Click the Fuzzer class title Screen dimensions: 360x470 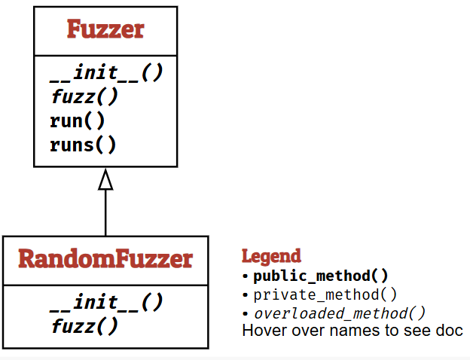click(x=105, y=30)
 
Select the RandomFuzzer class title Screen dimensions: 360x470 click(x=105, y=259)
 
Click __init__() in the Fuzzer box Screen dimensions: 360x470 click(x=106, y=74)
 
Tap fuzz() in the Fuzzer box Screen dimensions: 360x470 click(x=84, y=97)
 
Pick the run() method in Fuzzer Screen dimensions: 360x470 click(x=78, y=121)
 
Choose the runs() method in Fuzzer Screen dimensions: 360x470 click(x=84, y=144)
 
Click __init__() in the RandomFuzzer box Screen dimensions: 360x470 click(x=106, y=303)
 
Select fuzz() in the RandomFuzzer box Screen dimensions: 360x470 click(x=84, y=326)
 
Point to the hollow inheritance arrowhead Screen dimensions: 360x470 click(x=105, y=179)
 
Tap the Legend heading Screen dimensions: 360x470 click(x=271, y=256)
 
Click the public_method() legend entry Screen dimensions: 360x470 click(x=321, y=275)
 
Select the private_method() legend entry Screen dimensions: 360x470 click(x=325, y=294)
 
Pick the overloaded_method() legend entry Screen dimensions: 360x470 click(x=339, y=313)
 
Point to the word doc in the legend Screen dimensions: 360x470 click(x=449, y=331)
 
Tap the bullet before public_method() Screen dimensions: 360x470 click(x=246, y=276)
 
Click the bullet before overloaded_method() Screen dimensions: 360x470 click(x=246, y=313)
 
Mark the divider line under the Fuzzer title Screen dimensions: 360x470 click(x=105, y=55)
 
